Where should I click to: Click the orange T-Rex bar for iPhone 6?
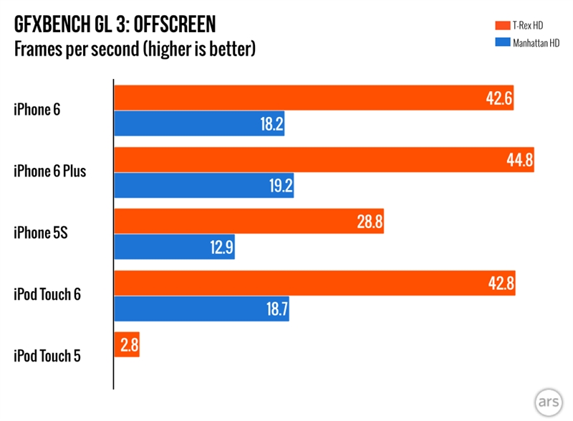pyautogui.click(x=314, y=98)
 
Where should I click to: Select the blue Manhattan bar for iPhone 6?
pyautogui.click(x=199, y=124)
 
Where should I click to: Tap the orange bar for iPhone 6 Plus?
pyautogui.click(x=324, y=160)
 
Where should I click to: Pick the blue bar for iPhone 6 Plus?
pyautogui.click(x=204, y=186)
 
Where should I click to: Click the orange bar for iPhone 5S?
pyautogui.click(x=249, y=222)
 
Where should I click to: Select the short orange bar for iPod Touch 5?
pyautogui.click(x=126, y=346)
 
